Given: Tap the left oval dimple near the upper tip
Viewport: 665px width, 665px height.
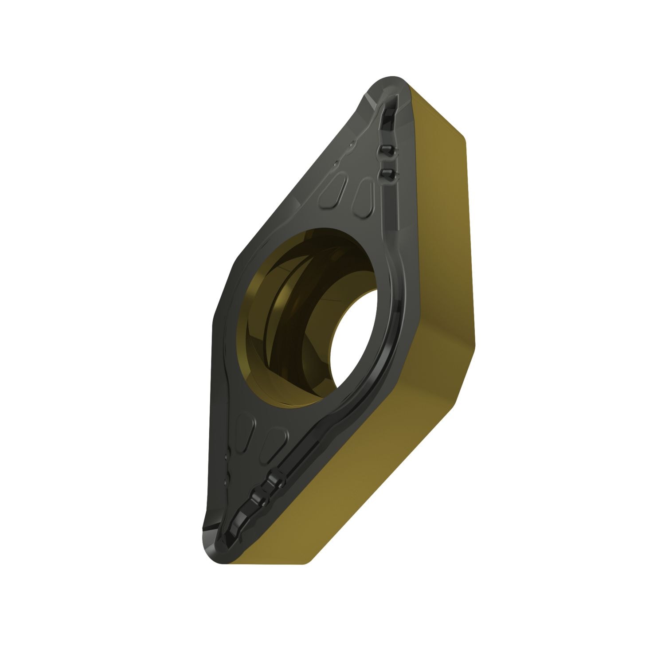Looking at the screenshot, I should [330, 195].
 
